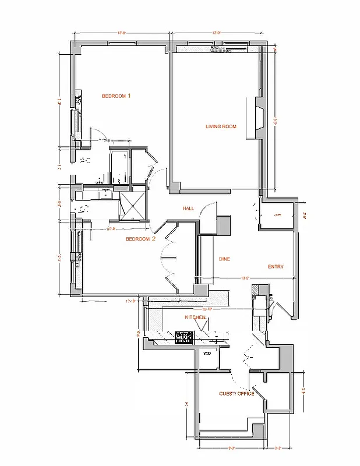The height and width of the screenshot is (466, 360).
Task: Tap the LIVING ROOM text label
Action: coord(221,126)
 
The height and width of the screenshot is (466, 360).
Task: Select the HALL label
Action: coord(188,209)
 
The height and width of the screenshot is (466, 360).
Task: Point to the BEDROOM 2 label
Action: coord(141,239)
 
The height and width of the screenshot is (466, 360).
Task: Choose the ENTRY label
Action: coord(276,267)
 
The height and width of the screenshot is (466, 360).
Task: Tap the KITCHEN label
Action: coord(195,317)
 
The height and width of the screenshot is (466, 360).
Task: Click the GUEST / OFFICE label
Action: coord(236,394)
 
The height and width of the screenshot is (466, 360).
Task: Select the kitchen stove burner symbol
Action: coord(184,337)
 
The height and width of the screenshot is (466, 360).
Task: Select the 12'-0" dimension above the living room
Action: coord(217,33)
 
